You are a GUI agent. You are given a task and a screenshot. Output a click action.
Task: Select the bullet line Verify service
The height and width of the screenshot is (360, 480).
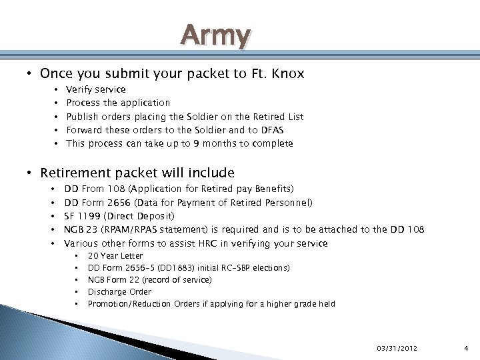click(x=95, y=89)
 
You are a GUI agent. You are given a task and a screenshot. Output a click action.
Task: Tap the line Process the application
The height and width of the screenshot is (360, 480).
click(x=118, y=103)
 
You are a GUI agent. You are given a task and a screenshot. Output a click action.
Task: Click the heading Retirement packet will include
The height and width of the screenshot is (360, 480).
click(x=137, y=173)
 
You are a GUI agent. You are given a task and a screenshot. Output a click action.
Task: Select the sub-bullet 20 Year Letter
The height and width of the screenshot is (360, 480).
click(x=115, y=256)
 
